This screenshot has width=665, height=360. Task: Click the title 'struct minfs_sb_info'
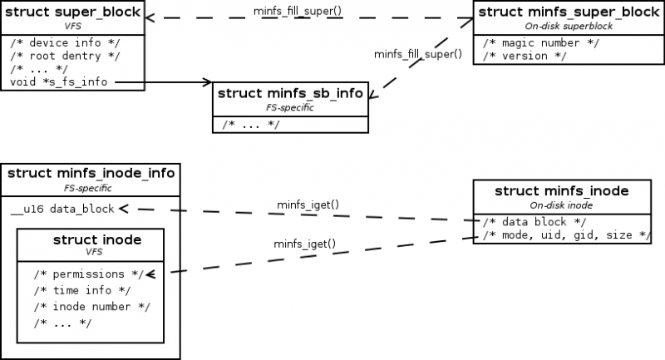point(290,93)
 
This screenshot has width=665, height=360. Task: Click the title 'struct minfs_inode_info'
point(91,174)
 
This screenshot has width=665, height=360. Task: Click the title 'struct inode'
point(96,240)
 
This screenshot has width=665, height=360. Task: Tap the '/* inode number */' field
point(91,306)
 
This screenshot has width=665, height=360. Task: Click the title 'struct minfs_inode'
point(561,192)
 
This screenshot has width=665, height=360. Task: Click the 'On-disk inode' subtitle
point(561,205)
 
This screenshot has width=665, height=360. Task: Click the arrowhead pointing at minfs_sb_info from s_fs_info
point(208,81)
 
